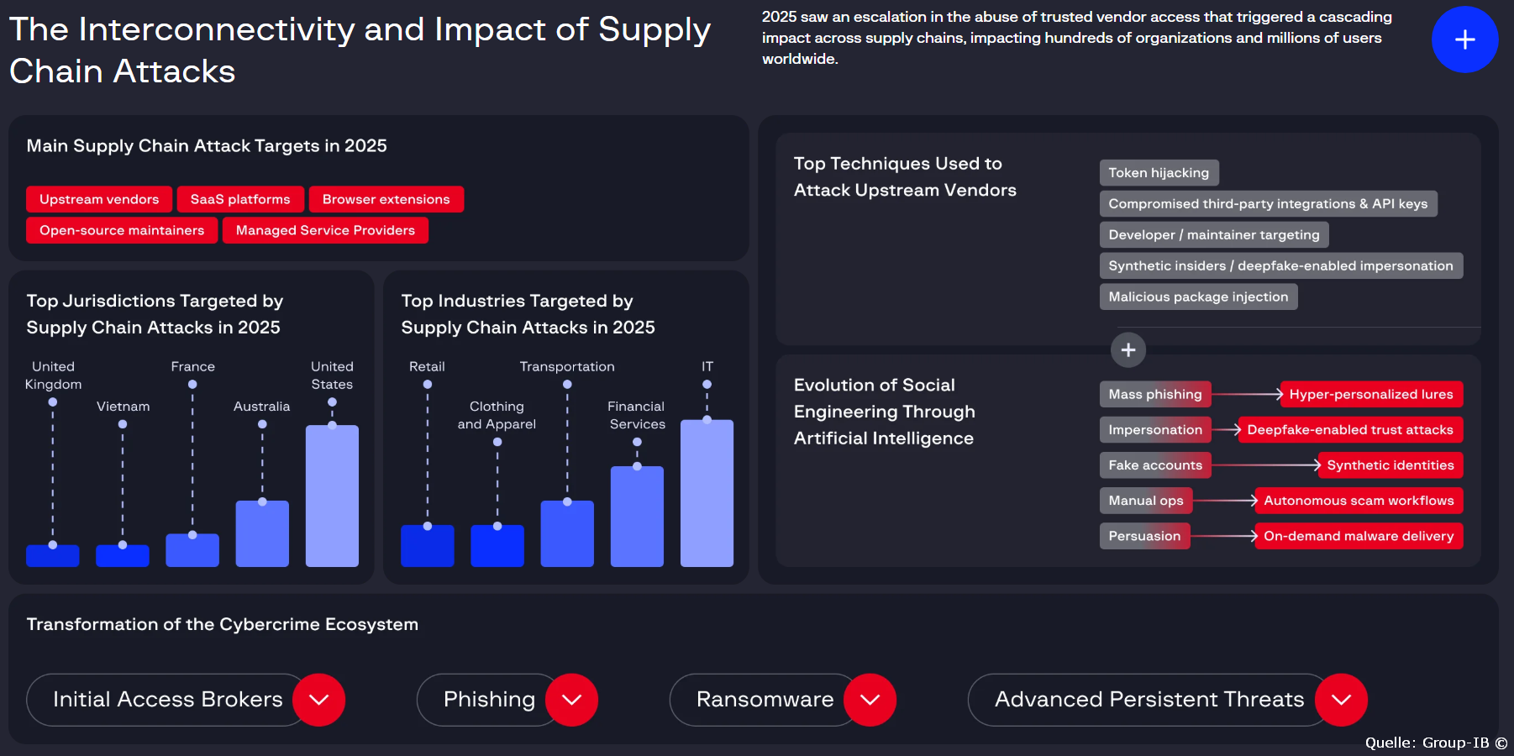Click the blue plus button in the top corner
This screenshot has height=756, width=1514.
1464,39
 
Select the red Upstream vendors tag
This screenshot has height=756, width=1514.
99,199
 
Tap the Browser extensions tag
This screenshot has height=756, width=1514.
386,199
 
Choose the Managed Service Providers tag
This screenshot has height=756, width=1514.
325,230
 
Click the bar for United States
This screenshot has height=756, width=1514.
332,496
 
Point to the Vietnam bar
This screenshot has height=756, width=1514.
123,556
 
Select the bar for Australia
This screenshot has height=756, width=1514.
262,533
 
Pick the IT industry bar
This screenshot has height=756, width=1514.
707,493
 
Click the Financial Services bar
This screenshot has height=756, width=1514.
637,516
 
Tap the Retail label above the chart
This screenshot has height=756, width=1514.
427,367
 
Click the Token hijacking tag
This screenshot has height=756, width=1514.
1159,173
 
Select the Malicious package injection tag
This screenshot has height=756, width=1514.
1198,297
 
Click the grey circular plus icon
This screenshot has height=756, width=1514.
1128,350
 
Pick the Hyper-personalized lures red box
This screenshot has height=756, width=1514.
1370,394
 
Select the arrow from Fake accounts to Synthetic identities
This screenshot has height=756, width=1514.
1265,465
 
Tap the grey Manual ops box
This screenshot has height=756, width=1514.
1145,501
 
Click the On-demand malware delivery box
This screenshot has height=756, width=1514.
1358,536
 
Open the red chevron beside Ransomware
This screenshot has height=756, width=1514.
870,700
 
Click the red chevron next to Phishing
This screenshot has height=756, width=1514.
571,700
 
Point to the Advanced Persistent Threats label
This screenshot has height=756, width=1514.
1149,700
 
